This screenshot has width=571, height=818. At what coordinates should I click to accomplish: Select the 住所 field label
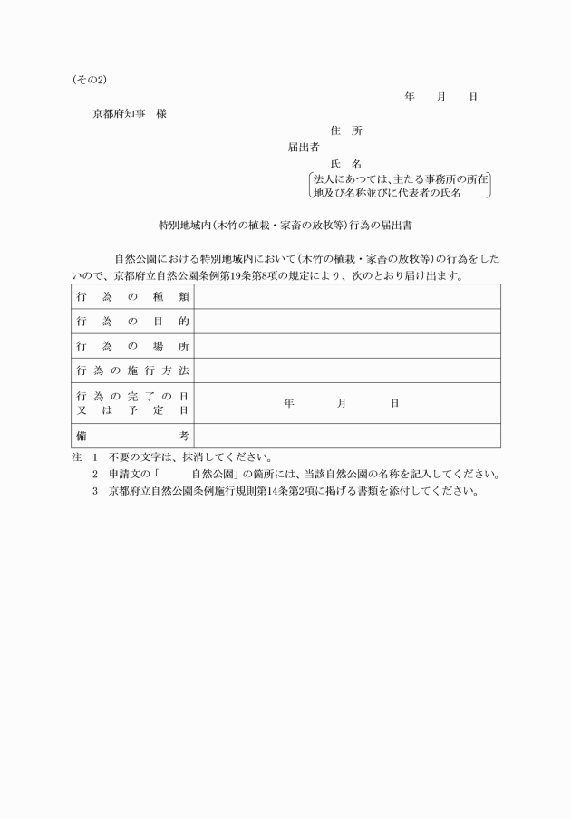pos(346,130)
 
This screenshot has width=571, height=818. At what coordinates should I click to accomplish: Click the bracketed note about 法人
pos(400,187)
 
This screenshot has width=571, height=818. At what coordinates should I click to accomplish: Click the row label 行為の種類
pos(132,297)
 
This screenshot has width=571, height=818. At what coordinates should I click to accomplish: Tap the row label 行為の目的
pos(132,322)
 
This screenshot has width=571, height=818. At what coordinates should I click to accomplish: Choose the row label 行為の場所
pos(132,346)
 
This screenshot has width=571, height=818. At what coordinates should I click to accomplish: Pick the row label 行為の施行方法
pos(132,371)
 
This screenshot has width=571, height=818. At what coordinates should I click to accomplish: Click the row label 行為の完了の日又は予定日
pos(132,403)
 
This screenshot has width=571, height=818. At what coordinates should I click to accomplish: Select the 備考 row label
pos(132,436)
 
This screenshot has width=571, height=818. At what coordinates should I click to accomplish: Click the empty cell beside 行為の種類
pos(347,297)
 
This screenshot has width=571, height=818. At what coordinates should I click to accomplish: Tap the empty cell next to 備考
pos(347,436)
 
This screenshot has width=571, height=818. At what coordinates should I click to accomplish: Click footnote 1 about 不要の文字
pos(181,457)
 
